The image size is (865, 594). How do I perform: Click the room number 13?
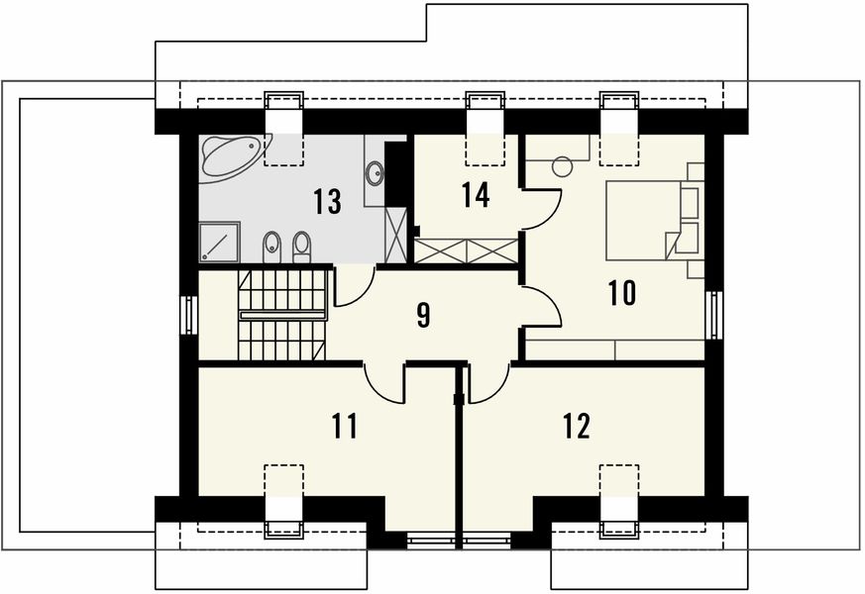(327, 201)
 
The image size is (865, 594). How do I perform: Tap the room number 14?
(475, 194)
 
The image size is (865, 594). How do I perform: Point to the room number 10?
(622, 293)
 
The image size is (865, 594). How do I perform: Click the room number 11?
(345, 426)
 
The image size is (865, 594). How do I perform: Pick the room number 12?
(577, 426)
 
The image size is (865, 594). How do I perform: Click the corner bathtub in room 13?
(234, 157)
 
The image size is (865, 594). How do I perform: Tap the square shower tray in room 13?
(219, 242)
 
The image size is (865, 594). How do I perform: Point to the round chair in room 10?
(563, 166)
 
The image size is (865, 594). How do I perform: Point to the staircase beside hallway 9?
(282, 315)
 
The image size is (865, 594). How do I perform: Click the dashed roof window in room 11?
(283, 480)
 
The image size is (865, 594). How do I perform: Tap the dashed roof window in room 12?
(619, 480)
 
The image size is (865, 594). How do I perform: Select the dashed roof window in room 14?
(485, 149)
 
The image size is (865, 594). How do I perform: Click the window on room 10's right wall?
(714, 315)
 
